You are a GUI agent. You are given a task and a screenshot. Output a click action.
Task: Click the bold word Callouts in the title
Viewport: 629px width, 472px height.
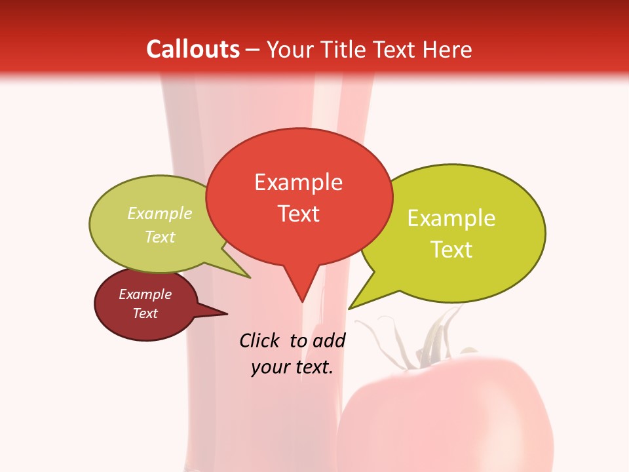193,49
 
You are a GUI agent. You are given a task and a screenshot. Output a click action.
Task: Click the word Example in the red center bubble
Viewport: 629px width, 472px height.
299,182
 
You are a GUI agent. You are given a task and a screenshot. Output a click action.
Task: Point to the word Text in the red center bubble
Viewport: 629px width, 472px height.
299,214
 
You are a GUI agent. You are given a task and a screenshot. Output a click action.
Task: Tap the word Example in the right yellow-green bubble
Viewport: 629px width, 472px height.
451,218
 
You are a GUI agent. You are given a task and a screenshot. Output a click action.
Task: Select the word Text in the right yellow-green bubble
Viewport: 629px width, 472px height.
451,250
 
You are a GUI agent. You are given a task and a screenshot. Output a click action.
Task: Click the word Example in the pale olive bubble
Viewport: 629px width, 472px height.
160,214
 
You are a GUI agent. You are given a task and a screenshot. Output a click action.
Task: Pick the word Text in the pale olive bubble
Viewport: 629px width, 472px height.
160,237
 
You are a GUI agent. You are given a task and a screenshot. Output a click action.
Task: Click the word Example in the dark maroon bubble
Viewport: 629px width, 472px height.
145,294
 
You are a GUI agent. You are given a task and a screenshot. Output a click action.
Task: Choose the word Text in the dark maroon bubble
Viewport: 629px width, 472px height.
145,313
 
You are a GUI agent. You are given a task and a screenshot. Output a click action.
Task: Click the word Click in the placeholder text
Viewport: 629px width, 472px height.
261,340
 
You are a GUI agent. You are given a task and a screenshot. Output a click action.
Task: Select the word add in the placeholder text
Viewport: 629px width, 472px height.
329,340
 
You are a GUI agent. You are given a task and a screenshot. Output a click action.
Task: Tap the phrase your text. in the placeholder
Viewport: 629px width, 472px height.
292,367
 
